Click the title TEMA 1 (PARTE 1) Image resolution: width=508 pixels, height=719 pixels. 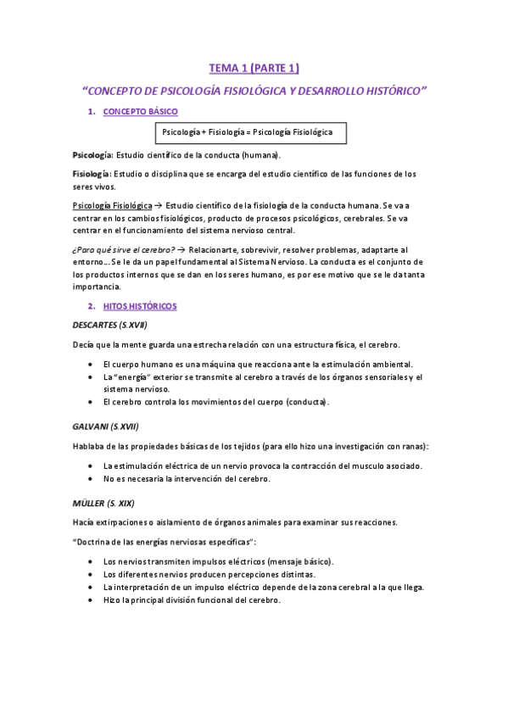click(x=254, y=68)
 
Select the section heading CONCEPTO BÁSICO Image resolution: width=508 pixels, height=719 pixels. click(x=140, y=112)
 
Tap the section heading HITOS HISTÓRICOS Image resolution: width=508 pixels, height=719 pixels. click(x=140, y=305)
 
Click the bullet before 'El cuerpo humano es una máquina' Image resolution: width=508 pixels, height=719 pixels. click(x=92, y=364)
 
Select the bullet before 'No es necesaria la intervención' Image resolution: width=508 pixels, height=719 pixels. click(x=92, y=479)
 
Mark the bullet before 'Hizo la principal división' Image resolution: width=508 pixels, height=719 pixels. click(x=92, y=599)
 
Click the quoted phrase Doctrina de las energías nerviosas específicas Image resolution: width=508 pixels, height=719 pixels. click(x=165, y=541)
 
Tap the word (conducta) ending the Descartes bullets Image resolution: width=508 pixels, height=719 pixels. click(x=307, y=402)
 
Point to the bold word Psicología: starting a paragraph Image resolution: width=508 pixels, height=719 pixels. click(x=93, y=156)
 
